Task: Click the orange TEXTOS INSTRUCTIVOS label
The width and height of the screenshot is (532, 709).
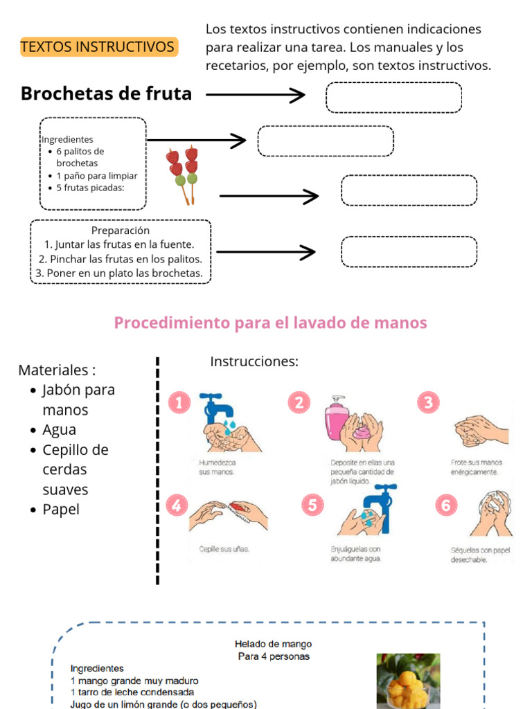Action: [x=98, y=47]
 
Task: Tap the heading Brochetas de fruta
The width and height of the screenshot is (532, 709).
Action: [x=106, y=93]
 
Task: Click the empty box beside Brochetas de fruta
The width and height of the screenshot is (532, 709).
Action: [x=393, y=98]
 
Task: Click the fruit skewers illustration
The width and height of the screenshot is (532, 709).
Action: [x=183, y=175]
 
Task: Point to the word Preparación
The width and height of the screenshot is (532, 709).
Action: [x=121, y=231]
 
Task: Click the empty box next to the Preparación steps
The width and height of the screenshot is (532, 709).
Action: [x=409, y=251]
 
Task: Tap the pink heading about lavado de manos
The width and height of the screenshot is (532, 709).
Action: [x=270, y=323]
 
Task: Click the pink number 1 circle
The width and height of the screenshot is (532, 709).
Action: [x=179, y=402]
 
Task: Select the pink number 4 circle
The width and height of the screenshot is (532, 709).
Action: [x=177, y=505]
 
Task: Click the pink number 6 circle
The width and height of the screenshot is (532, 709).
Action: [x=445, y=505]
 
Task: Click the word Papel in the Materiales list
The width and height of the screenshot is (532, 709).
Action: [x=61, y=510]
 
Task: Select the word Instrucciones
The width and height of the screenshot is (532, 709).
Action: [x=254, y=362]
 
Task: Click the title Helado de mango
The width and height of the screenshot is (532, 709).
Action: [x=273, y=644]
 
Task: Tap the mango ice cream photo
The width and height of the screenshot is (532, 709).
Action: [x=408, y=681]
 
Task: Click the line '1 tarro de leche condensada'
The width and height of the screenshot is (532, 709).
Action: [x=132, y=692]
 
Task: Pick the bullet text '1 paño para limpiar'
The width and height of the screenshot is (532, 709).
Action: [x=97, y=175]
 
